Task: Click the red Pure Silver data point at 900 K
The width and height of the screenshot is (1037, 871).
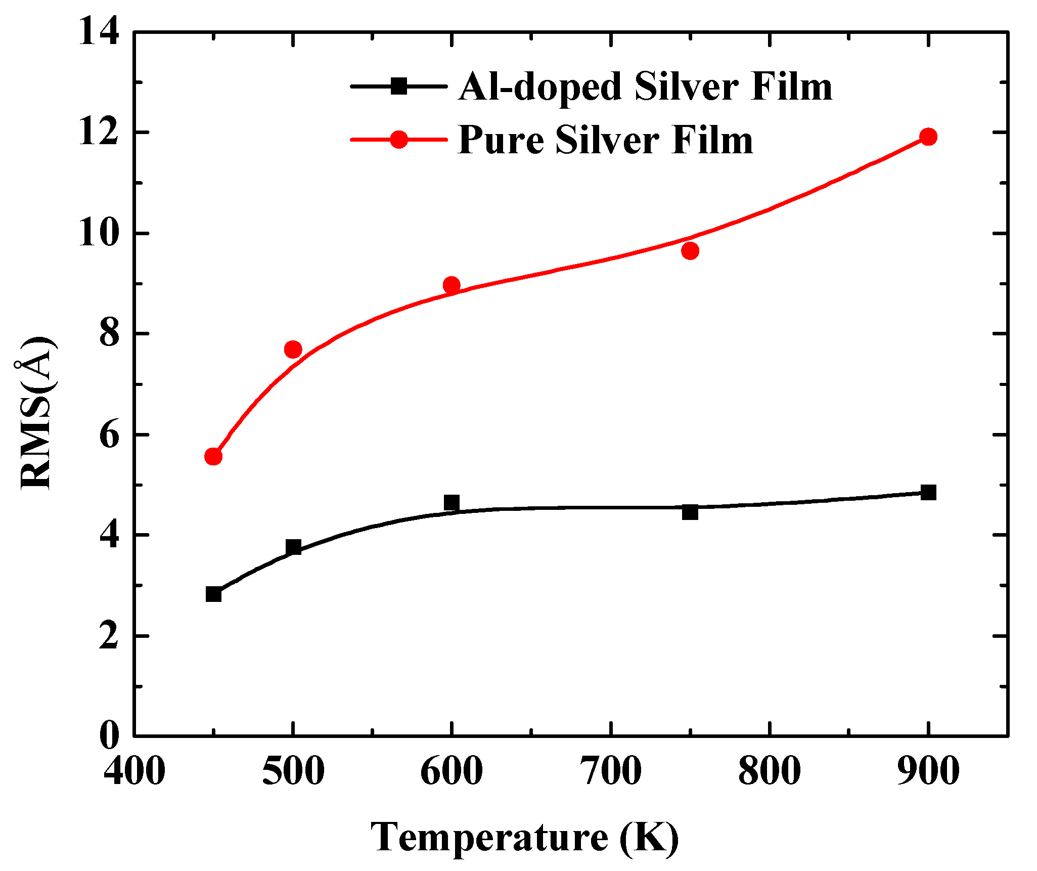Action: click(x=928, y=137)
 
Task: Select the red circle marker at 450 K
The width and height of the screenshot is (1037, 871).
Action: click(x=213, y=457)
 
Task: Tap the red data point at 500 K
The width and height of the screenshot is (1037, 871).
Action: click(x=293, y=350)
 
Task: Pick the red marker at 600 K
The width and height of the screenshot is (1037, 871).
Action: click(x=452, y=285)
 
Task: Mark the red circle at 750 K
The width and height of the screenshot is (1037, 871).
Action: click(x=690, y=251)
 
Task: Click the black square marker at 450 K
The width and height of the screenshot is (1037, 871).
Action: click(x=213, y=594)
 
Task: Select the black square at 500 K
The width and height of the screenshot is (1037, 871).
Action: click(x=293, y=547)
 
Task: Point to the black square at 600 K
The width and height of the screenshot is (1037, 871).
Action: click(x=452, y=503)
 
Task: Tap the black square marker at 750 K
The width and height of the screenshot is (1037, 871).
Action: click(x=690, y=512)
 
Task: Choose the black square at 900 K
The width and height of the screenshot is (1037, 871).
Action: click(x=928, y=492)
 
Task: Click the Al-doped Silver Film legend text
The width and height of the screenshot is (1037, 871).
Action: click(x=645, y=87)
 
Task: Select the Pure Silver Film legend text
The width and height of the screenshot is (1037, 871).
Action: click(x=605, y=140)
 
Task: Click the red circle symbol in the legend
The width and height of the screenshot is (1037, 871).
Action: click(x=399, y=140)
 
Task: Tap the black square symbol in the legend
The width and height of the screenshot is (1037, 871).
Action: click(x=399, y=86)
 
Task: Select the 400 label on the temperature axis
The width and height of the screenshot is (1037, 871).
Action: click(x=134, y=772)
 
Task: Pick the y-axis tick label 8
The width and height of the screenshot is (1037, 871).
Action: click(x=109, y=334)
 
